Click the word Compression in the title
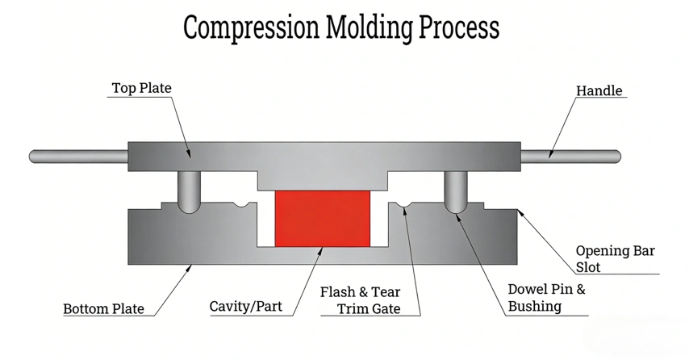(251, 28)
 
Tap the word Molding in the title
(370, 28)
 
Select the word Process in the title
(459, 27)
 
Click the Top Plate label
(141, 88)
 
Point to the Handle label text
(599, 90)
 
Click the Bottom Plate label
(104, 308)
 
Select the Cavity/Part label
(245, 307)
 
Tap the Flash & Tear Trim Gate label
(361, 300)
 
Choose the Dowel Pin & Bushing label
(547, 298)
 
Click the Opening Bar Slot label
(615, 259)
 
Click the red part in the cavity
(323, 219)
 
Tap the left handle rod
(78, 157)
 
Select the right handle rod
(570, 156)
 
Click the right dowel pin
(456, 191)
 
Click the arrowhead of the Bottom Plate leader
(190, 267)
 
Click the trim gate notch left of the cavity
(240, 205)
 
